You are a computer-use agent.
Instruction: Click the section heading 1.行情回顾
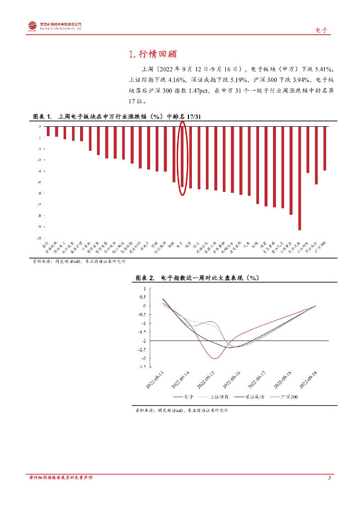pos(153,54)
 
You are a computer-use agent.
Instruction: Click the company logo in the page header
pos(33,26)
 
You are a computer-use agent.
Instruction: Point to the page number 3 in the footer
pos(329,478)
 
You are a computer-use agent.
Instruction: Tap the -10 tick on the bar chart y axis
pos(39,238)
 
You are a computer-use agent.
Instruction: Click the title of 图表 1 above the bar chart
pos(117,116)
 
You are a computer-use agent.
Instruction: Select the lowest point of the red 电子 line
pos(214,358)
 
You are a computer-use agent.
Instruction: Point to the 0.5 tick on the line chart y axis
pos(144,297)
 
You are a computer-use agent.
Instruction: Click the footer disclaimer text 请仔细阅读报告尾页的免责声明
pos(61,478)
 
